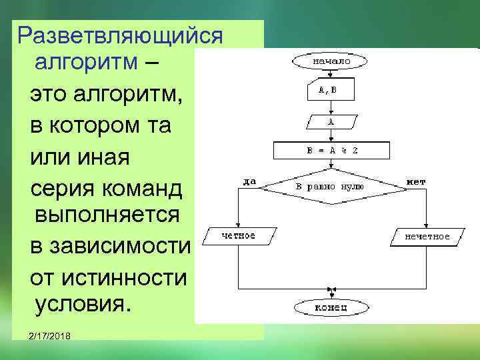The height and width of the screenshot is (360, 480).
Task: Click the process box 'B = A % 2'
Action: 331,151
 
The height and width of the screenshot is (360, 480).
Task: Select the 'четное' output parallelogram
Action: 238,235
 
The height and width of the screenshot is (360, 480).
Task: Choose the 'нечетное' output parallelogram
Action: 427,236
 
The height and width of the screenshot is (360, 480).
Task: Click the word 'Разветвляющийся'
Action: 120,35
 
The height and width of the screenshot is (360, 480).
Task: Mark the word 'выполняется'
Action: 107,215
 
